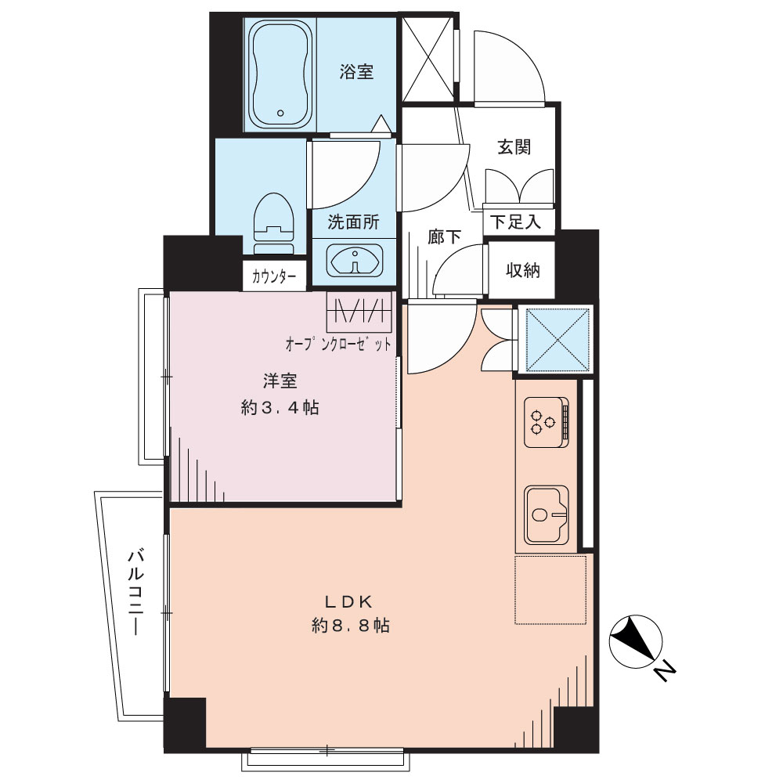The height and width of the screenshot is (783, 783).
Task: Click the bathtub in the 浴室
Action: click(280, 74)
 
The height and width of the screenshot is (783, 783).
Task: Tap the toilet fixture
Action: click(272, 224)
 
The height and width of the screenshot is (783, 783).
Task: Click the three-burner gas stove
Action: click(547, 422)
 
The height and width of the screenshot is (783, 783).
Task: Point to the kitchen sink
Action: click(547, 515)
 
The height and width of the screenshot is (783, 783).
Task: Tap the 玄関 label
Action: click(514, 147)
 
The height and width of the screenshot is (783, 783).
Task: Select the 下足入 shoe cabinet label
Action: click(515, 222)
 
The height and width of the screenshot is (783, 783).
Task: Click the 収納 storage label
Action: click(523, 270)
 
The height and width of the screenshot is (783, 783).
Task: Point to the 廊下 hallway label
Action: click(444, 236)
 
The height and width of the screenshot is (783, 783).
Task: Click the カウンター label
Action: click(274, 276)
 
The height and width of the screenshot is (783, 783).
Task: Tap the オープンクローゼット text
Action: click(338, 344)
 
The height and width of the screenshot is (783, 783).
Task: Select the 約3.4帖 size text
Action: click(280, 408)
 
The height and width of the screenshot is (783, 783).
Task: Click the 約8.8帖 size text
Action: click(351, 626)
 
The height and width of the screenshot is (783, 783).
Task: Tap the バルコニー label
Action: click(135, 593)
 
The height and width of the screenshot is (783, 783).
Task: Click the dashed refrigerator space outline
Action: click(550, 590)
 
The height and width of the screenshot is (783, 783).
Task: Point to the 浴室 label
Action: click(356, 72)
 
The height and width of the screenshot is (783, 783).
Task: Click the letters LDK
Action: click(349, 602)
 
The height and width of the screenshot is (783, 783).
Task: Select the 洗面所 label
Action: click(354, 222)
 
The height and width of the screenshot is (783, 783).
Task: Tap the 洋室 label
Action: click(280, 381)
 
